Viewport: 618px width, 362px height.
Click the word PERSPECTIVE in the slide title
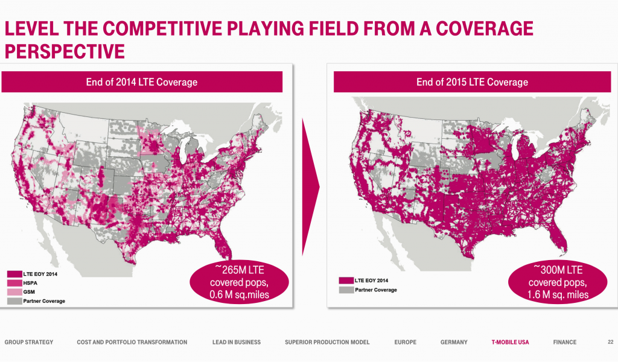[x=65, y=51]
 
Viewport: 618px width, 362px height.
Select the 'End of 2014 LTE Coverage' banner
[x=142, y=82]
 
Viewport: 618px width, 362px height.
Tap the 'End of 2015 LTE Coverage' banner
[x=472, y=82]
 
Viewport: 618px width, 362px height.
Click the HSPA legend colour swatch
[x=14, y=283]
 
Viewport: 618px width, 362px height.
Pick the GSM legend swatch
[x=14, y=292]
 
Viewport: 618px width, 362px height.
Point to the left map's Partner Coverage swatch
[x=14, y=301]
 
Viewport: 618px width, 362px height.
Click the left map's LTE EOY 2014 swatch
[x=14, y=274]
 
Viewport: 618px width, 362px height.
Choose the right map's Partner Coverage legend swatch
[x=346, y=290]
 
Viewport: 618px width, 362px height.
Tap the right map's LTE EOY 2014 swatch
[x=346, y=281]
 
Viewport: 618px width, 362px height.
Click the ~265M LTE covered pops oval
[x=239, y=282]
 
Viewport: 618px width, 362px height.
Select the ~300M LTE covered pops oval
[x=558, y=282]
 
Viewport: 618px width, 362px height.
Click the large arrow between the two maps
[x=310, y=187]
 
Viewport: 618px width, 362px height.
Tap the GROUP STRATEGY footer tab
[x=29, y=342]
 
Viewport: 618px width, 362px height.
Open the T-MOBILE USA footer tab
[x=510, y=342]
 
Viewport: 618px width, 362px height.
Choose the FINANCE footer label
[x=565, y=342]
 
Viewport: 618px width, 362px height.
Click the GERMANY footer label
[x=454, y=342]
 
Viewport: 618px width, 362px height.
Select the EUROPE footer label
[x=405, y=342]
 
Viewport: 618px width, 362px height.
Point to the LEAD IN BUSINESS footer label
[x=237, y=342]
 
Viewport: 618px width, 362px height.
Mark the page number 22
[x=611, y=342]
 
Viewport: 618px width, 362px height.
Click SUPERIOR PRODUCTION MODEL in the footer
[x=327, y=342]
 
